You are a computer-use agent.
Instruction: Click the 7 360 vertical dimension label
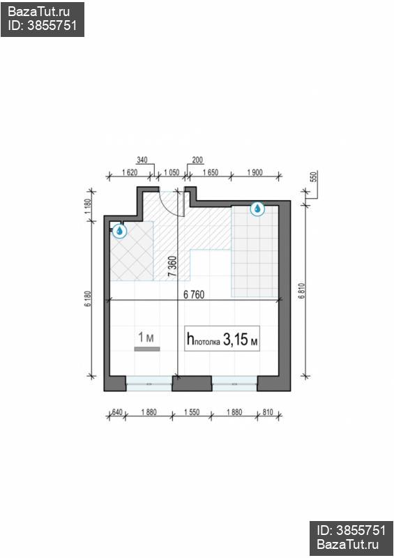click(x=172, y=266)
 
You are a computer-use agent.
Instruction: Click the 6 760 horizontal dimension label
click(x=194, y=294)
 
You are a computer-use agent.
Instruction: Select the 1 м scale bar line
click(x=147, y=349)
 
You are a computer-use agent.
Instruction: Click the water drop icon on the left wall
click(x=119, y=231)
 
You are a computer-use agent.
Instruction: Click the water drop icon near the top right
click(x=257, y=209)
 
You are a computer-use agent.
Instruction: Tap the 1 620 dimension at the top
click(x=130, y=172)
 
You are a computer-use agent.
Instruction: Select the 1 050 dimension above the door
click(x=172, y=172)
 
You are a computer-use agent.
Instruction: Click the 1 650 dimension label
click(x=211, y=172)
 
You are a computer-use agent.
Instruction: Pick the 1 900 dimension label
click(x=255, y=172)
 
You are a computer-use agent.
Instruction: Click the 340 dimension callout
click(x=142, y=160)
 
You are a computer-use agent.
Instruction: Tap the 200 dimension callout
click(x=197, y=160)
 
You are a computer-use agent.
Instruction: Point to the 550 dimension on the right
click(x=314, y=177)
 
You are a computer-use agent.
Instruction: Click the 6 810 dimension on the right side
click(x=302, y=290)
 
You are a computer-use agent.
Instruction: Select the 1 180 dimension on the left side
click(x=89, y=206)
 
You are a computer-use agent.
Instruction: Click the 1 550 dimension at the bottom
click(x=192, y=412)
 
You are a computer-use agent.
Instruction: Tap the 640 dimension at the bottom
click(x=117, y=412)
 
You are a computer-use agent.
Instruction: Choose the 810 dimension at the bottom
click(x=268, y=412)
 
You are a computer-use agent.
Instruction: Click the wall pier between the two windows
click(x=192, y=383)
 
